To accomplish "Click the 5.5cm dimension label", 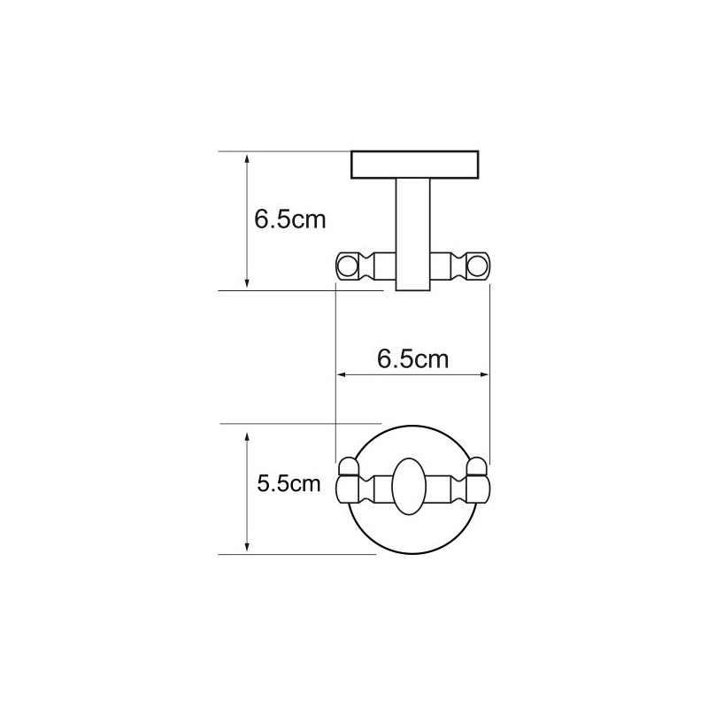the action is click(x=289, y=484).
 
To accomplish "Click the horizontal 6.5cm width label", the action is click(x=412, y=359).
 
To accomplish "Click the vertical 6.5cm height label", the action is click(x=289, y=219).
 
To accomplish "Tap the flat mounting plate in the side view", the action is click(x=414, y=165).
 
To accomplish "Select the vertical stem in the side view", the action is click(x=412, y=235).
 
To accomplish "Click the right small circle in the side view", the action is click(x=478, y=265).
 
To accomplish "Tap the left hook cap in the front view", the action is click(x=348, y=467).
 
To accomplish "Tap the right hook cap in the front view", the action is click(x=477, y=467).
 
